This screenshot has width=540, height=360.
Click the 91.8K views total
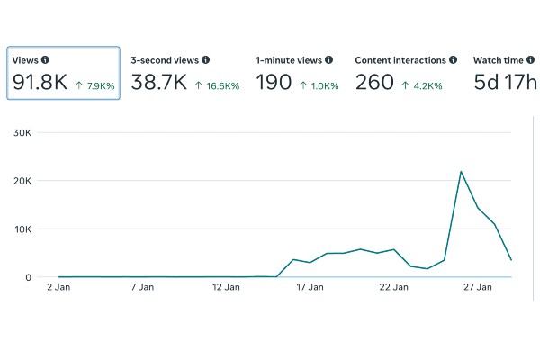point(40,82)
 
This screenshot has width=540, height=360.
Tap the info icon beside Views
point(45,60)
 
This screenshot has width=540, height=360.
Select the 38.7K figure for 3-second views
point(158,82)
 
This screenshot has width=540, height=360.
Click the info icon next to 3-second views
point(205,60)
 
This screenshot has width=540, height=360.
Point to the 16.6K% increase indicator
point(217,85)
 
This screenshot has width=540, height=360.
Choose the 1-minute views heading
point(289,60)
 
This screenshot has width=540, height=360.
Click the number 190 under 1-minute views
point(274,82)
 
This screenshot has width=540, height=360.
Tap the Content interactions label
point(400,60)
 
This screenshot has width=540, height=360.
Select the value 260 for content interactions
point(374,82)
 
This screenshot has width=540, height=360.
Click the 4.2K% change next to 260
point(422,85)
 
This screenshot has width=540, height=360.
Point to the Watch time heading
point(499,60)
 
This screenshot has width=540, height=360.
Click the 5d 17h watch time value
point(505,82)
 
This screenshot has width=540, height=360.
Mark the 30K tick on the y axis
point(22,132)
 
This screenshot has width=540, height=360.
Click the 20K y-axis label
point(22,181)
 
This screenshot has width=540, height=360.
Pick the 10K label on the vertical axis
point(22,229)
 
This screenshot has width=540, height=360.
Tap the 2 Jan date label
point(58,287)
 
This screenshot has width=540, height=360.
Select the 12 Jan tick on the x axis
point(226,287)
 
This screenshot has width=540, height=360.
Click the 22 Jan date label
point(393,287)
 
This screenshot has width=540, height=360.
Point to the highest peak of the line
point(461,172)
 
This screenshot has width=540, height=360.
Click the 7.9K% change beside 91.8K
point(95,85)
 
